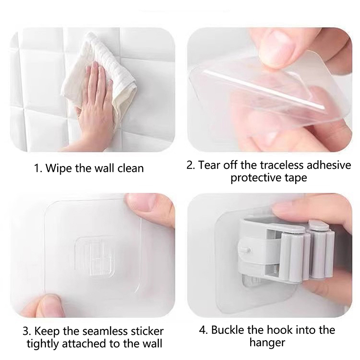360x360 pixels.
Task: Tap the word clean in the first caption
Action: click(130, 168)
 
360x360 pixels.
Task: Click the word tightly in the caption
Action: click(42, 344)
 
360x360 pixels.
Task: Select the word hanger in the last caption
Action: click(267, 343)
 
